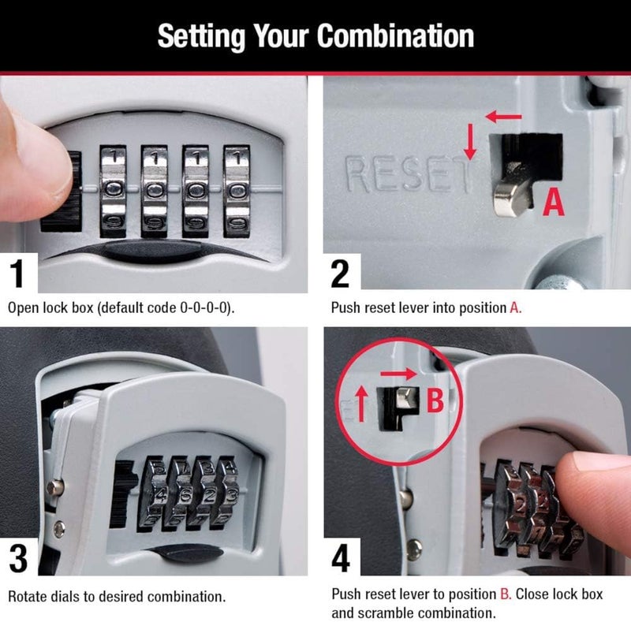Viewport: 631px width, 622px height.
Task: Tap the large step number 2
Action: pos(340,274)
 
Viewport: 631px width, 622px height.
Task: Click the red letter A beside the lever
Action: pos(555,203)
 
